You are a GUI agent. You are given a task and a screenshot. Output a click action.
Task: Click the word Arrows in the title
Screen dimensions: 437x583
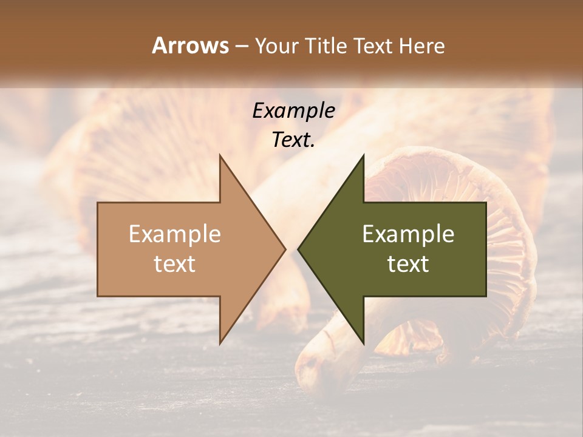pos(190,46)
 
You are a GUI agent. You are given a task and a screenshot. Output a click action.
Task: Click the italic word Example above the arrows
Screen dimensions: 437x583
pos(294,110)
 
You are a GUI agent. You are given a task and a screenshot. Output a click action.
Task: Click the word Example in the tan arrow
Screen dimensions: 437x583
pos(175,234)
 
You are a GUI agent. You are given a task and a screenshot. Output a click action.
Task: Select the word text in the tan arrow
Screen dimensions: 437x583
pos(175,264)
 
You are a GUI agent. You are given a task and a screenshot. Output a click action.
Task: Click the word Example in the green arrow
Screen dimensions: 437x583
pos(408,234)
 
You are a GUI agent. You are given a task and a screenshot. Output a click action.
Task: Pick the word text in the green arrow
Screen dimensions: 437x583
pos(408,264)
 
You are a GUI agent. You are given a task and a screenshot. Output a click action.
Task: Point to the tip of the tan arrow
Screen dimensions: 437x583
pos(285,249)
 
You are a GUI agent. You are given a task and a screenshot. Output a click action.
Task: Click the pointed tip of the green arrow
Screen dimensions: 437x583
pos(298,249)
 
